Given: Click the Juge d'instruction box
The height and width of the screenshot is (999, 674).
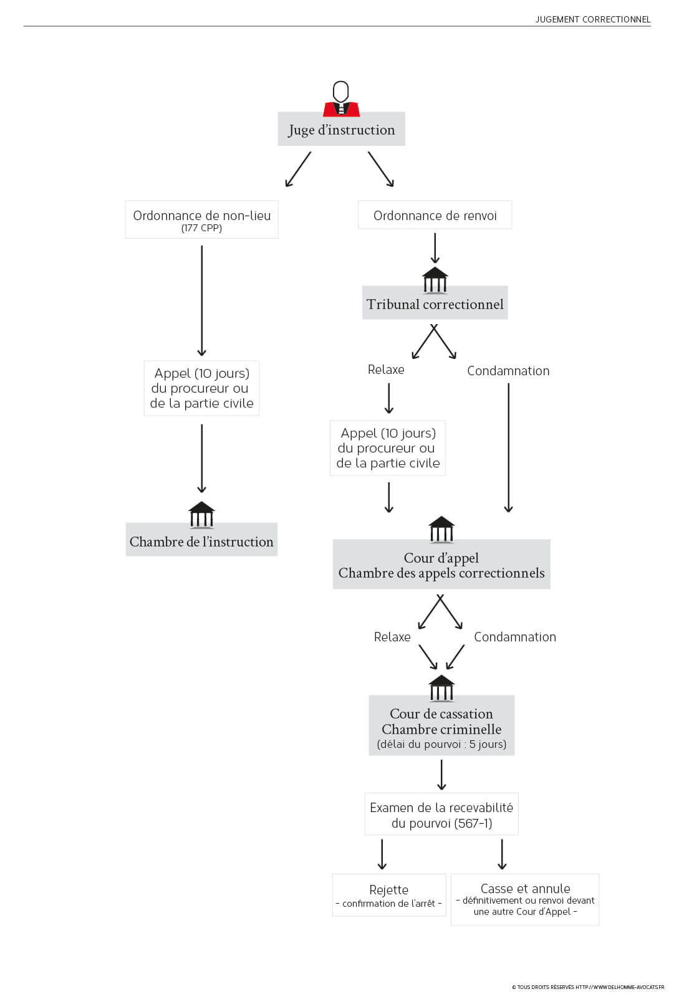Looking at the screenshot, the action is (341, 129).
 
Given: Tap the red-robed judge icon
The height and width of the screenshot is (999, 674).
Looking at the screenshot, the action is (341, 98).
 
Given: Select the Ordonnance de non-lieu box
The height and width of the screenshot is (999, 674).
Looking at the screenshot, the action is (201, 219).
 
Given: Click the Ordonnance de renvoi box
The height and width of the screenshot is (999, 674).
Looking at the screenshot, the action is (435, 215).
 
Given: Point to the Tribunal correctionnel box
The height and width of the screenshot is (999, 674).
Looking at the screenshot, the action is (435, 302).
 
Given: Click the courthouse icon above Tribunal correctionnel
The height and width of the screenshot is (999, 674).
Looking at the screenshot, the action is (435, 280).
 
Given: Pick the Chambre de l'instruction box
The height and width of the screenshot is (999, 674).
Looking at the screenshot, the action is (201, 539).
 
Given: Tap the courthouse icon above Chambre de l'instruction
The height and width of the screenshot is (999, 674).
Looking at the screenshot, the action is (201, 515).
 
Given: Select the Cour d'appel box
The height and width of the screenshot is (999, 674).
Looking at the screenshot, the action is (441, 564).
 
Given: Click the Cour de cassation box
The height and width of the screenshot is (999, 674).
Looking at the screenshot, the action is (441, 725).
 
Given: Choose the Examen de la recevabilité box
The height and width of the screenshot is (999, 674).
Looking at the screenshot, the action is (441, 814).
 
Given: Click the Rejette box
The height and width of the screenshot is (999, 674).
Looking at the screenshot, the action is (389, 895).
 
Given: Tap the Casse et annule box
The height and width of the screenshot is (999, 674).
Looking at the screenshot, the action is (525, 899).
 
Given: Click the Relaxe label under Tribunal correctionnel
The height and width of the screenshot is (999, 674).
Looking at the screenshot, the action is (386, 370).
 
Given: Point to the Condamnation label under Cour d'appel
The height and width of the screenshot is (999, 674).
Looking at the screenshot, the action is (515, 637).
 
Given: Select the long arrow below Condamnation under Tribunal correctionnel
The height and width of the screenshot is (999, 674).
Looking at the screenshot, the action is (509, 447).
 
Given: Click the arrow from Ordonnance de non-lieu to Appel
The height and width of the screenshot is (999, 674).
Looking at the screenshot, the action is (201, 300).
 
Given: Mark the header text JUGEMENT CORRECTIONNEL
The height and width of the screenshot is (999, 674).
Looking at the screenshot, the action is (593, 19).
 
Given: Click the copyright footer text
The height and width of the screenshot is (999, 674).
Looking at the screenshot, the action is (588, 987).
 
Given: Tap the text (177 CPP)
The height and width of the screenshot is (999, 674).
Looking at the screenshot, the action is (201, 228).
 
